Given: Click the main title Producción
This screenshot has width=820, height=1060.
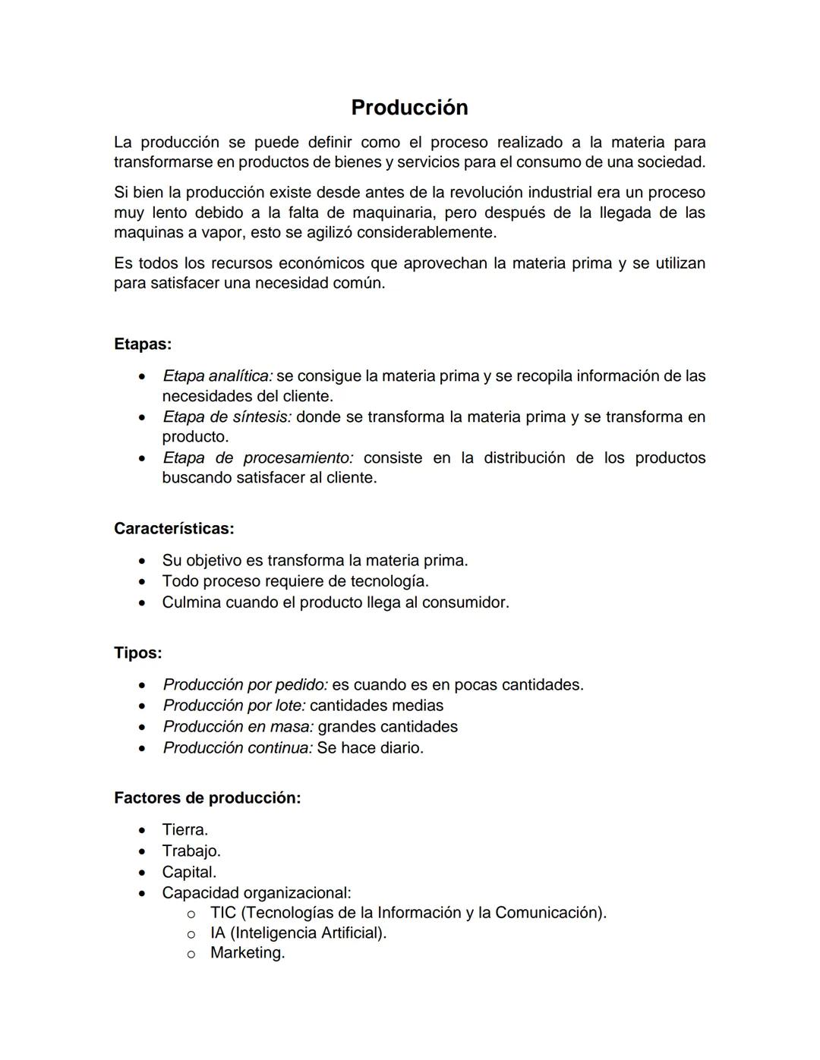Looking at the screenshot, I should point(409,108).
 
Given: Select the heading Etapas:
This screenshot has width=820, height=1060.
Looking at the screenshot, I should point(143,344).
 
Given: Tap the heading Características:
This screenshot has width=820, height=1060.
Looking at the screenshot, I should point(174,528).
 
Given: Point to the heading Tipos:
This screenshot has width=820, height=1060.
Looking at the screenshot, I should point(137,653).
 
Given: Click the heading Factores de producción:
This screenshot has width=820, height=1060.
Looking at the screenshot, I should point(207,798).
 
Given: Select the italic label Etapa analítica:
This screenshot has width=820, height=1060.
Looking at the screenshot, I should point(217,376).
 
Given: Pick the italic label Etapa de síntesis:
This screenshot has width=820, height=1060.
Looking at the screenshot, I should point(226,417).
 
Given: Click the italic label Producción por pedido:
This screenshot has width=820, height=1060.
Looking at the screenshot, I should point(245,685).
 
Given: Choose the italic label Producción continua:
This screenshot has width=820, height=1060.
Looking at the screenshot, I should point(238,748).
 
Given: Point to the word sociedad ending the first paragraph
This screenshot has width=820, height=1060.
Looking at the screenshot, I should point(673,162).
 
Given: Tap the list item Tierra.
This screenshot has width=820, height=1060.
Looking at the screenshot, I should point(184,830).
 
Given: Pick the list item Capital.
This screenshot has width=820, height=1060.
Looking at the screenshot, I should point(189,873).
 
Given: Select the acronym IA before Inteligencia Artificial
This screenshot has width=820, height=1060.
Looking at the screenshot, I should point(218,933).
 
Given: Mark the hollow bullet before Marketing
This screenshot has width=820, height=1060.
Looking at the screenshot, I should point(191,954).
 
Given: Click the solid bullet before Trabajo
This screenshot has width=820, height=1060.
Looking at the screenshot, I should point(142,851).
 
